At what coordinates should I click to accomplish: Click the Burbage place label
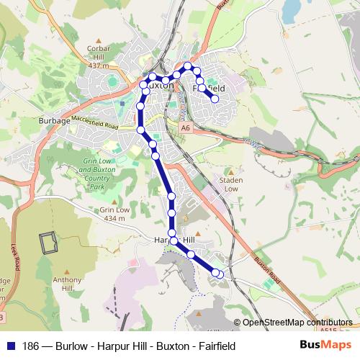(55, 121)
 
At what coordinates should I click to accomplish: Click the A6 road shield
(186, 127)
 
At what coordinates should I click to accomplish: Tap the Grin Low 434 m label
(114, 214)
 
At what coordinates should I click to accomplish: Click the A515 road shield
(330, 329)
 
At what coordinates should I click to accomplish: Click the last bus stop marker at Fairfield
(215, 99)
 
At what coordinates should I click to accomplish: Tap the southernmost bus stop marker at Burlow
(220, 274)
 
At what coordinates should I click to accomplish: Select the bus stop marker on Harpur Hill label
(174, 239)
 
